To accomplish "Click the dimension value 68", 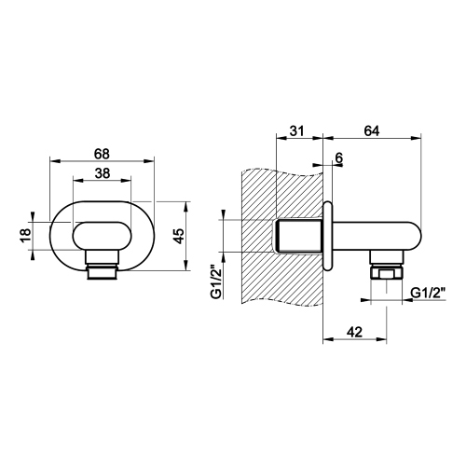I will pyautogui.click(x=103, y=152).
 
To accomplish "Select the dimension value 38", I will pyautogui.click(x=103, y=172).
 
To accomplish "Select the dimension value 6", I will pyautogui.click(x=337, y=158).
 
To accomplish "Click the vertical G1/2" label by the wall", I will pyautogui.click(x=215, y=281).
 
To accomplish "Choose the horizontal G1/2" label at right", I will pyautogui.click(x=429, y=293).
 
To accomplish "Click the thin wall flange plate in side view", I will pyautogui.click(x=326, y=235).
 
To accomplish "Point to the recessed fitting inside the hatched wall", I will pyautogui.click(x=298, y=236).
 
